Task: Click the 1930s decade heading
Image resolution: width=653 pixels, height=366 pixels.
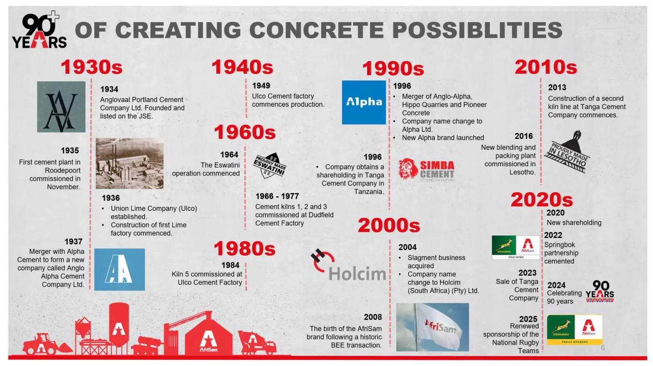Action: click(x=91, y=67)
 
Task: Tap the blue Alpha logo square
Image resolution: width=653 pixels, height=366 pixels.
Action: click(x=364, y=103)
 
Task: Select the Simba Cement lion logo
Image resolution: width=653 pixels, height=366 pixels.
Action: click(x=426, y=170)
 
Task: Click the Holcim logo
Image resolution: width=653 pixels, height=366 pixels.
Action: click(x=348, y=265)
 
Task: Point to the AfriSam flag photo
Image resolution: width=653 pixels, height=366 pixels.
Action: click(x=433, y=327)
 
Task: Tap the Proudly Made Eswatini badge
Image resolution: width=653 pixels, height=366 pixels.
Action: click(x=270, y=165)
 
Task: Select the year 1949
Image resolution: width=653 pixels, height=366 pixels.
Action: click(x=261, y=85)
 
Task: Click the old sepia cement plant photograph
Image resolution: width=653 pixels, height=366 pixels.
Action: click(x=129, y=163)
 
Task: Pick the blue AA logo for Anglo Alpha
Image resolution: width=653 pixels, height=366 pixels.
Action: click(x=120, y=270)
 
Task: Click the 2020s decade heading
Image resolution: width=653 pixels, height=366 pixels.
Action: click(x=542, y=200)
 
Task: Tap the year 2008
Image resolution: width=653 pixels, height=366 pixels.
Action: click(x=372, y=317)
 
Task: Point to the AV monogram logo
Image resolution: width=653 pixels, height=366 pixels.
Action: click(x=61, y=107)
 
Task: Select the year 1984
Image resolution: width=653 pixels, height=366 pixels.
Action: click(x=230, y=265)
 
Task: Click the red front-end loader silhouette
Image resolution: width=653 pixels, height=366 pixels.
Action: click(x=47, y=344)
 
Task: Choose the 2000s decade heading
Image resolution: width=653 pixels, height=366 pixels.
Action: click(x=389, y=225)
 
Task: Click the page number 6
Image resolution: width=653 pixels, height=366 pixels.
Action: click(x=603, y=347)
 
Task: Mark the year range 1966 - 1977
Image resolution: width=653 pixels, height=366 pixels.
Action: click(x=277, y=196)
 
